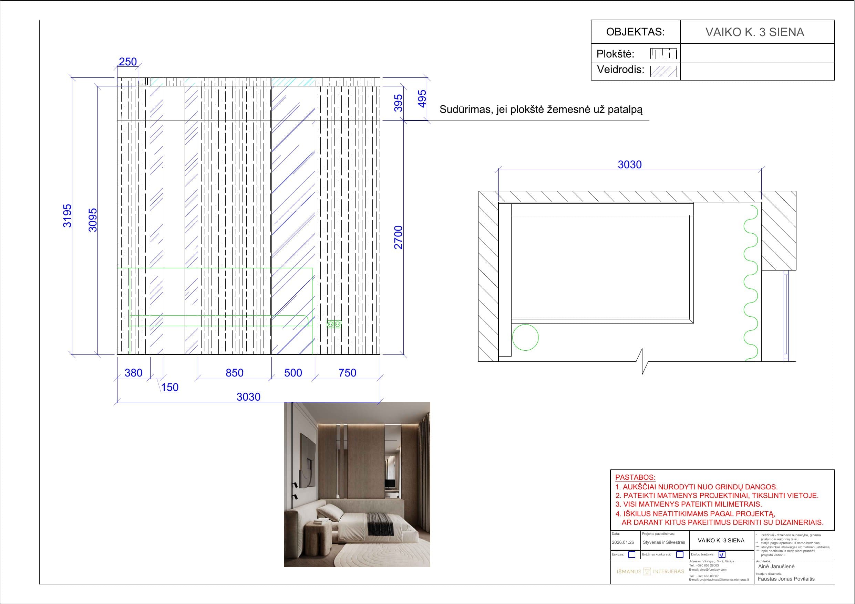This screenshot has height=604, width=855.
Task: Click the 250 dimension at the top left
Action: click(x=128, y=62)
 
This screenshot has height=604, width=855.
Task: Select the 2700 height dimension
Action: click(x=399, y=237)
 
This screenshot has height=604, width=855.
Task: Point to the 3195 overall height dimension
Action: click(x=67, y=215)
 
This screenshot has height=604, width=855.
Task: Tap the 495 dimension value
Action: click(x=422, y=99)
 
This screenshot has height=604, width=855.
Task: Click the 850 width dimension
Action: click(x=234, y=372)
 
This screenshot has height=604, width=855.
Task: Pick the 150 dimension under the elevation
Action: click(x=169, y=387)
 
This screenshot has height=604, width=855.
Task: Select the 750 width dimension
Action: click(x=347, y=372)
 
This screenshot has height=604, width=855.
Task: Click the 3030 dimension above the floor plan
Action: click(x=629, y=165)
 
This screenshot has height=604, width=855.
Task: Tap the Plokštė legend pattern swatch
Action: click(x=663, y=54)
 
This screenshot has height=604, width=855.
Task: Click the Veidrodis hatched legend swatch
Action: click(x=663, y=71)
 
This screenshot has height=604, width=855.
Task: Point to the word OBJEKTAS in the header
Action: click(x=635, y=32)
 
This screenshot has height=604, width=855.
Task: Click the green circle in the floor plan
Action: click(x=525, y=338)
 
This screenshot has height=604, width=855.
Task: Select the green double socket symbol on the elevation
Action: click(x=334, y=325)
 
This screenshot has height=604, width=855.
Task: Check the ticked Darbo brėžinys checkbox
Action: click(x=722, y=554)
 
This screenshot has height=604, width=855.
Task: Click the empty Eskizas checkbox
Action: click(x=631, y=554)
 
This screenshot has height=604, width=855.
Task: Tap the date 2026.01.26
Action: click(x=623, y=542)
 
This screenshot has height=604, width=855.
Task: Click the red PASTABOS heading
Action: click(x=635, y=477)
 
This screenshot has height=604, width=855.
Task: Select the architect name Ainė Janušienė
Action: click(x=776, y=566)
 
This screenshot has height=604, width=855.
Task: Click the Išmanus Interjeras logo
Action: click(x=650, y=571)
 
